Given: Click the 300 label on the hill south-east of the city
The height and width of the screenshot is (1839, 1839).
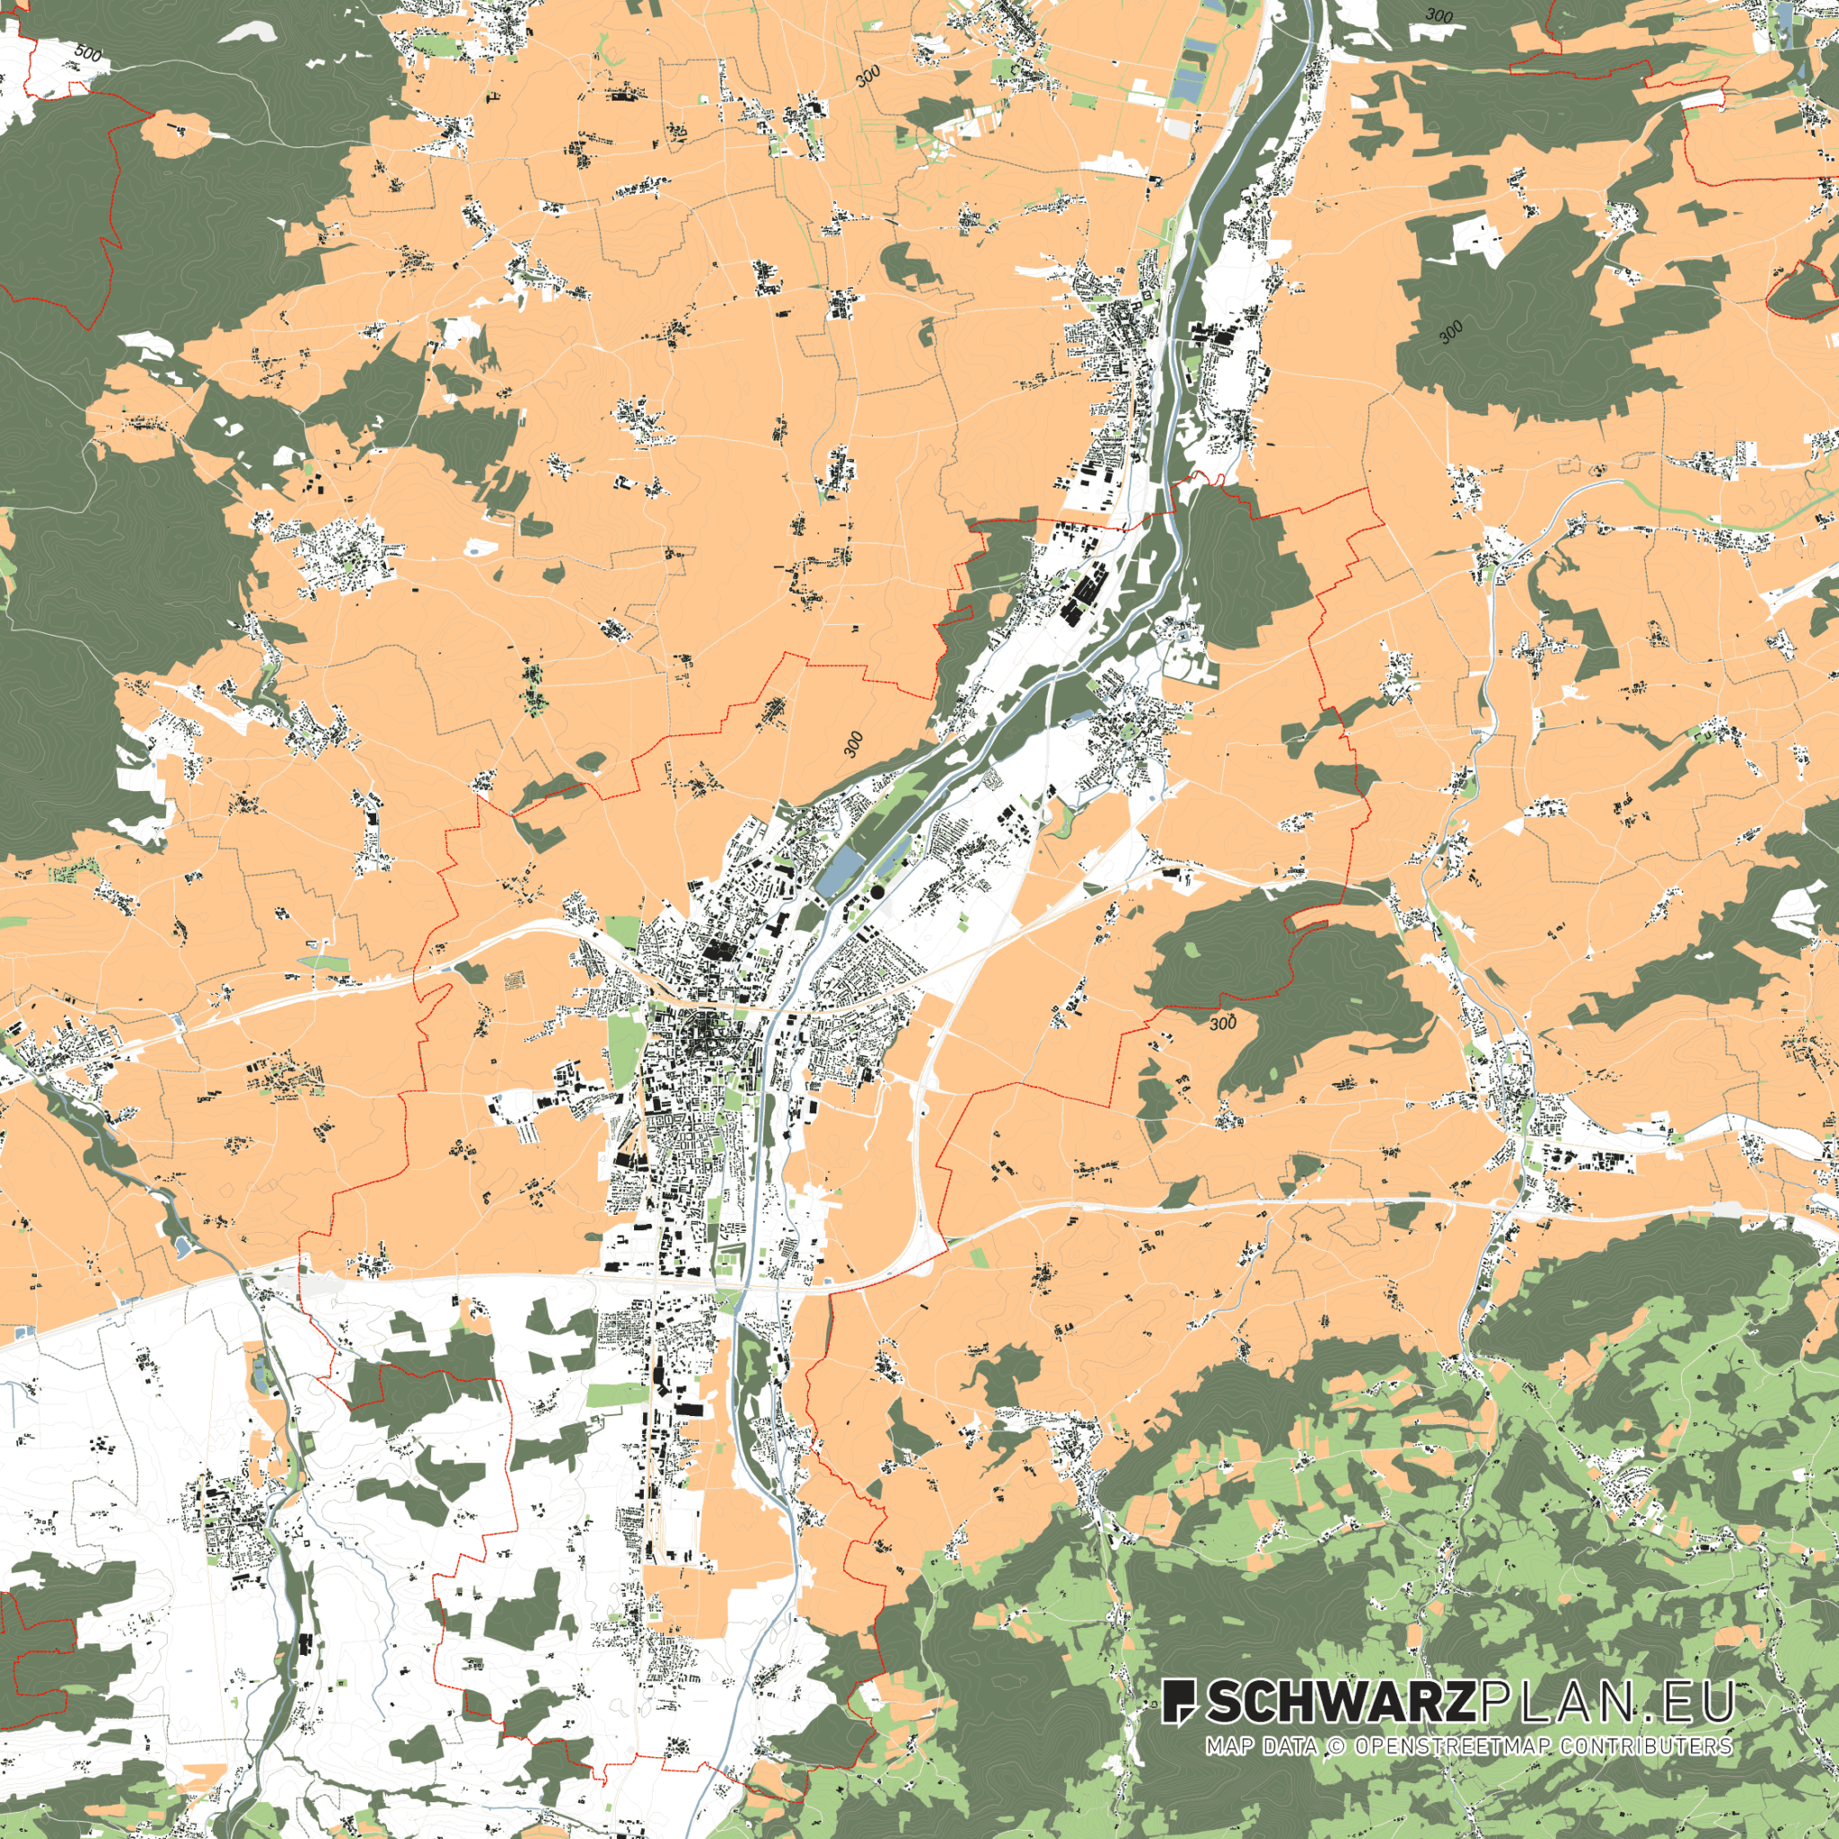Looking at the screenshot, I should (1222, 1025).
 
